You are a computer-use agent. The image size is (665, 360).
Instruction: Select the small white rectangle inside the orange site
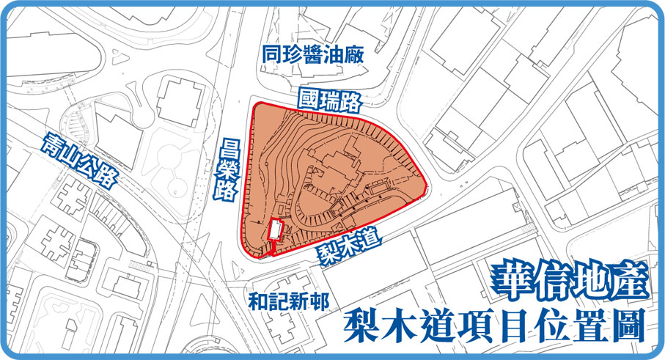(275, 230)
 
